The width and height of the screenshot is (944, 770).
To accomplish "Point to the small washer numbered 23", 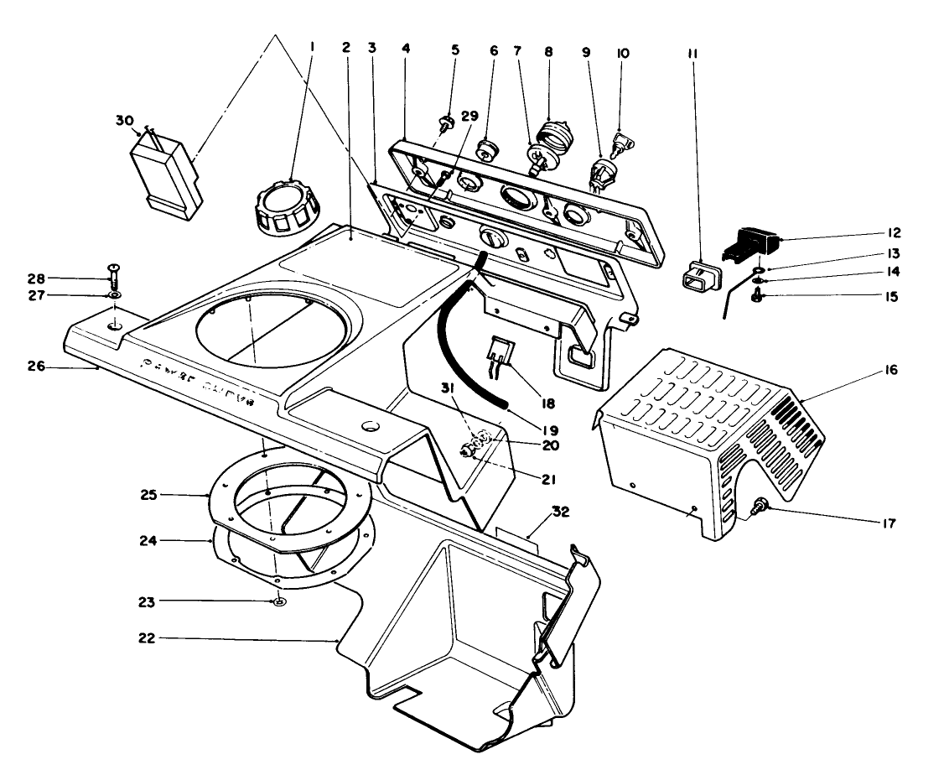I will click(x=277, y=602).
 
